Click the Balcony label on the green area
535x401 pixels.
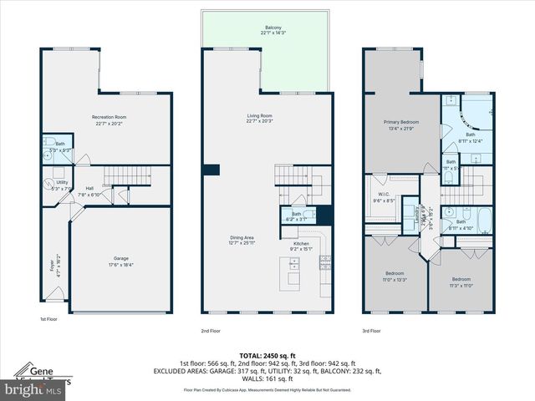tap(273, 28)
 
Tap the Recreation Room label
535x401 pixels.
tap(108, 118)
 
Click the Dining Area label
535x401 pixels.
tap(242, 237)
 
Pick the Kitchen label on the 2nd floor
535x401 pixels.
tap(300, 243)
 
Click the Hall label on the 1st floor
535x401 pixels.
tap(89, 189)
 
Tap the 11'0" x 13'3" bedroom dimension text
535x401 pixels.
tap(395, 279)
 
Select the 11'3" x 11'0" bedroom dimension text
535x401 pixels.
tap(461, 284)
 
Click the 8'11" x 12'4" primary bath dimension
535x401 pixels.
tap(471, 140)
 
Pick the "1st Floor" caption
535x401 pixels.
tap(49, 319)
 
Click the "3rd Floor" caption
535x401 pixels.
tap(373, 330)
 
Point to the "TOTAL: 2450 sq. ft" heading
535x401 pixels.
tap(267, 355)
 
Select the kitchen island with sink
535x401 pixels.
tap(294, 272)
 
